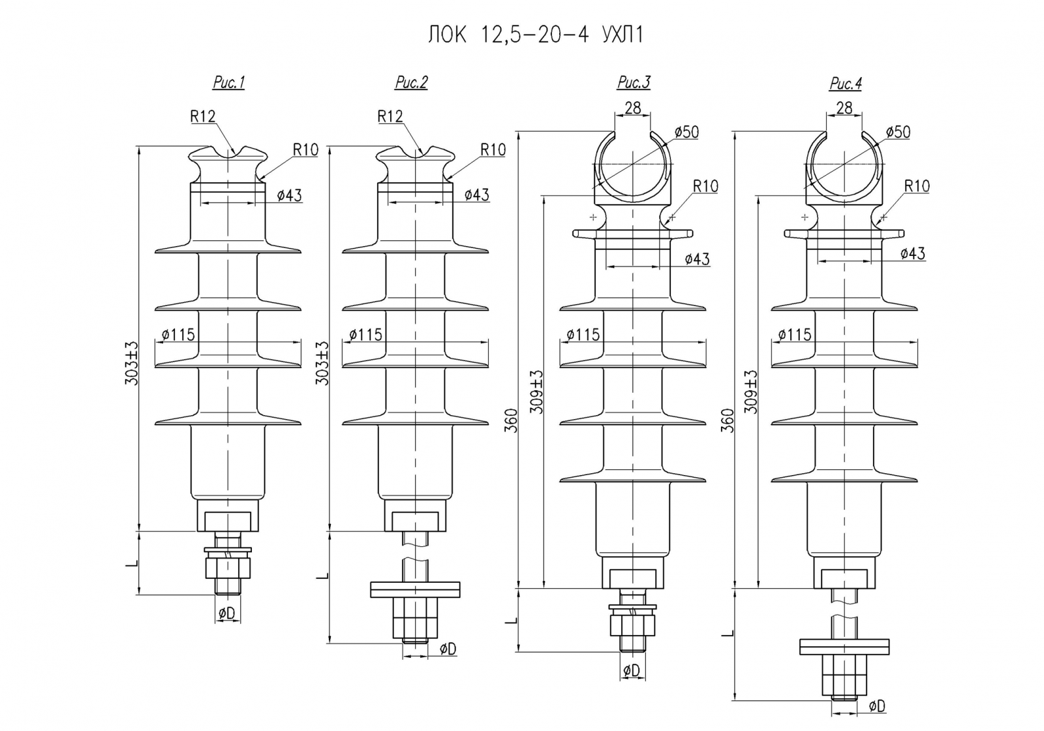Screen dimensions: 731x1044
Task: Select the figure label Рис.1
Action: (228, 83)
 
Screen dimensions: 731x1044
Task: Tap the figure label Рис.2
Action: (411, 83)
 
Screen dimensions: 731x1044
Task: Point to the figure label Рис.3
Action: (634, 83)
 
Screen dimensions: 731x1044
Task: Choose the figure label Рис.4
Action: (845, 84)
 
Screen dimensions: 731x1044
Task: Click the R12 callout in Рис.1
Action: (203, 117)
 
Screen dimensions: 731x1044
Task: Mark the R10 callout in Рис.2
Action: (493, 150)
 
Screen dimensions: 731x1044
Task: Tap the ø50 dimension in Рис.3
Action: (686, 132)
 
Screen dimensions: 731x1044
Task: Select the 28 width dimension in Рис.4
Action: (844, 108)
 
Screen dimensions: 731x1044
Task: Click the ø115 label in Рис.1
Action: (178, 335)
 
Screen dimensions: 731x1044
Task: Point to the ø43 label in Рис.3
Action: (697, 259)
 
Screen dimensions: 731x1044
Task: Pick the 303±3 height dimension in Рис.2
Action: (322, 363)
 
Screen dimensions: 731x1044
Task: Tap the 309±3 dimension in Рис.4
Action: (751, 392)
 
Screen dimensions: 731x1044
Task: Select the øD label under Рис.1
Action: (227, 613)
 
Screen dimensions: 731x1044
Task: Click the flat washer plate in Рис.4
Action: (844, 646)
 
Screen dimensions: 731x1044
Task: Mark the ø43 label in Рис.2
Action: (477, 195)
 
